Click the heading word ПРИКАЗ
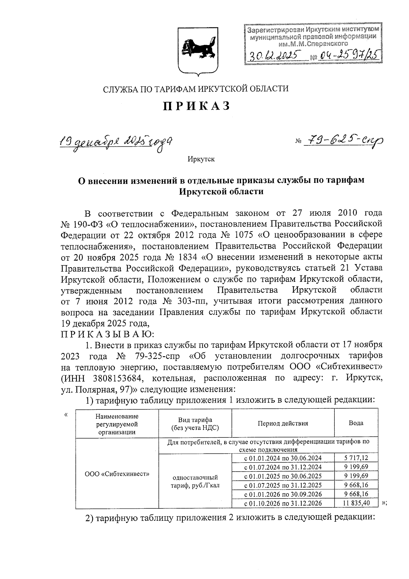[x=197, y=106]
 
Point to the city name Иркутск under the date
[x=201, y=159]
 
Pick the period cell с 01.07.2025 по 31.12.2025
[x=283, y=485]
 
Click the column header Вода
[x=356, y=423]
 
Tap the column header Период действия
[x=283, y=423]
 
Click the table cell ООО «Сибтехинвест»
[x=117, y=474]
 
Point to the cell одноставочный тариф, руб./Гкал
[x=195, y=481]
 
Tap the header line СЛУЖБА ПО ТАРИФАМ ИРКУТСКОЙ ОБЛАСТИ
[x=196, y=89]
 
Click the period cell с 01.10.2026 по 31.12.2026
[x=283, y=503]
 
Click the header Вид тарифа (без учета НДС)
[x=195, y=423]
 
